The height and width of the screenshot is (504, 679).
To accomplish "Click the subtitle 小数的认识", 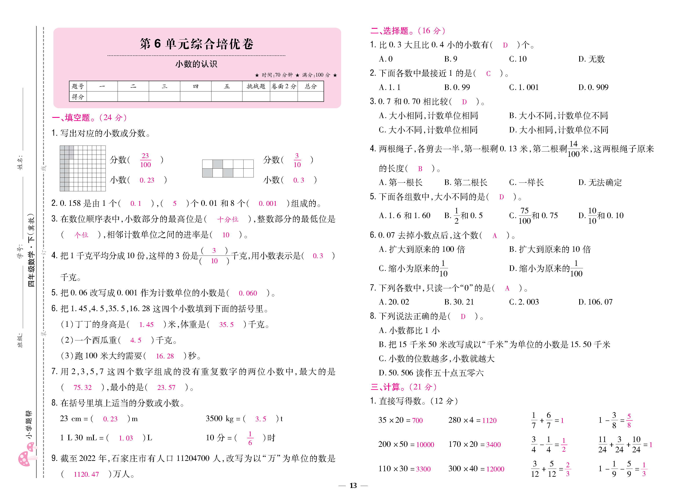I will (196, 64).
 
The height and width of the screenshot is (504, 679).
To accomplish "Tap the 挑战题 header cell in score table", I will (256, 86).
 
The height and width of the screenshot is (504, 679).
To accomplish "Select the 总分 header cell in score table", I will (310, 86).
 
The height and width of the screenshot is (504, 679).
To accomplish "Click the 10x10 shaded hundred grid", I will (83, 168).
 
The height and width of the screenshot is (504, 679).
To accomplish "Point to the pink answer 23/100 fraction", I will (146, 160).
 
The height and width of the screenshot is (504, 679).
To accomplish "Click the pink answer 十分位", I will (228, 219).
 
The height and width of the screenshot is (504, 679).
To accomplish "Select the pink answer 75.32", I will (82, 387).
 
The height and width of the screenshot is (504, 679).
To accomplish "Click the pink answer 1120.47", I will (86, 474).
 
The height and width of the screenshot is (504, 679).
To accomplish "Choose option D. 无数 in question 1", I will (591, 59).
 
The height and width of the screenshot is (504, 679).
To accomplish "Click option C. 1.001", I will (524, 88).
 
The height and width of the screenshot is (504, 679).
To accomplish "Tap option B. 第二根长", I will (466, 183).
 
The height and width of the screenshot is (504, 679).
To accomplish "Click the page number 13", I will (353, 486).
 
